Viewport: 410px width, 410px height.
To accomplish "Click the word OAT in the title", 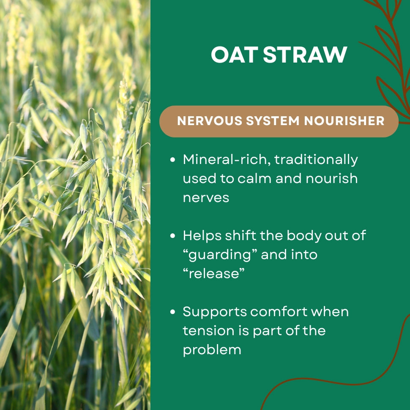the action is (235, 55).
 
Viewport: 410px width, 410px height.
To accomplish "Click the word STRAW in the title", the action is (305, 55).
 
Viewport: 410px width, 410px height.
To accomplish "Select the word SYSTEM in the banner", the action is (273, 121).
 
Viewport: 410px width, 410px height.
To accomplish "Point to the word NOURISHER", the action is (344, 121).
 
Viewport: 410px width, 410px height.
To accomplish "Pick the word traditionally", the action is (316, 160).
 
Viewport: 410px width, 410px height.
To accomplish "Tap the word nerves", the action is (206, 198).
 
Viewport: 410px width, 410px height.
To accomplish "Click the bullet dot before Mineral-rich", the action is (172, 160).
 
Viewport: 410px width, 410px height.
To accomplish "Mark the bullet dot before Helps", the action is (172, 236).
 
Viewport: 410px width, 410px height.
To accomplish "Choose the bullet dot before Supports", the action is (172, 312).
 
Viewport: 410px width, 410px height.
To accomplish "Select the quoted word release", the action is (213, 274).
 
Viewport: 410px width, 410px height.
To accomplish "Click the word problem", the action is (212, 350).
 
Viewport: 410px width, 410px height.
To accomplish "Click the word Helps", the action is (202, 236).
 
